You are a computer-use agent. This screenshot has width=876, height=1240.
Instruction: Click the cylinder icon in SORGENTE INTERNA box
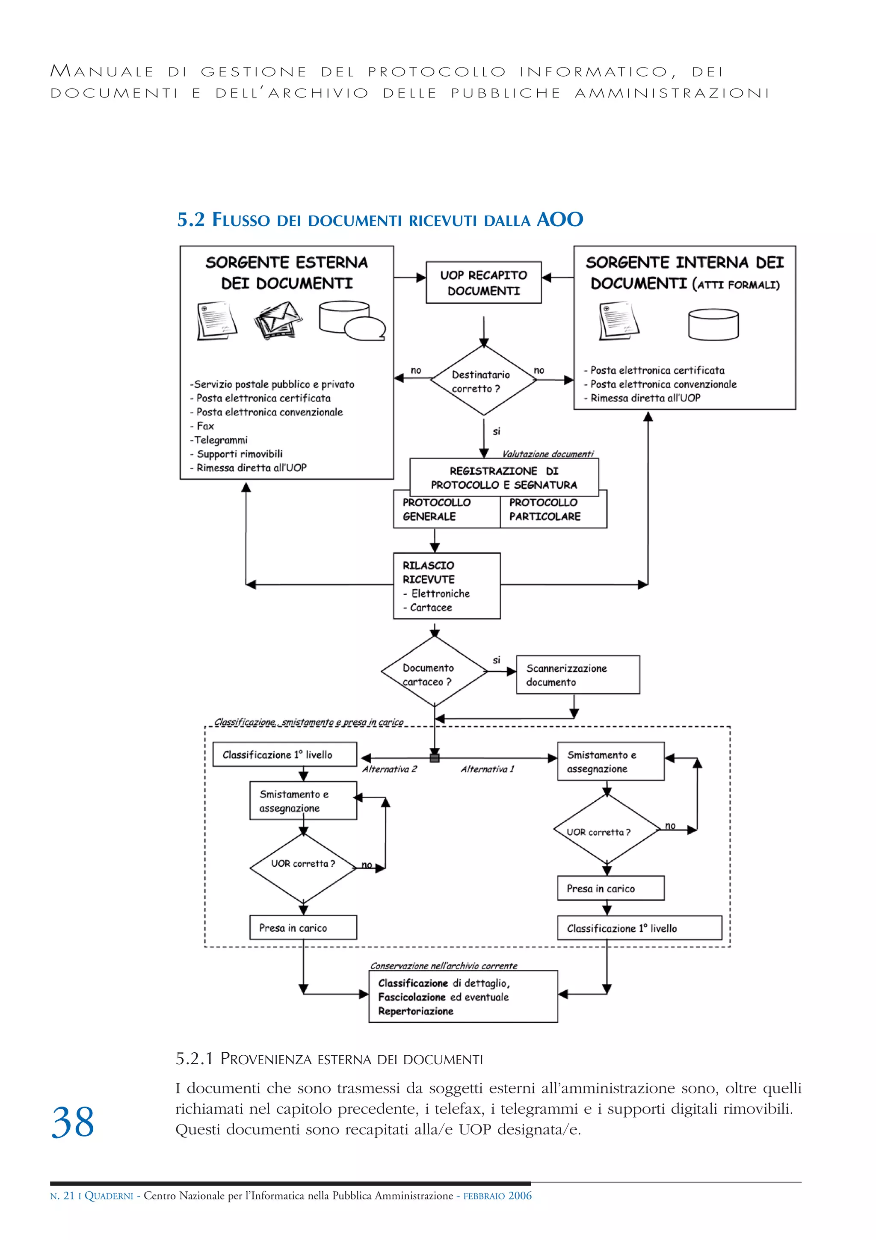pos(713,324)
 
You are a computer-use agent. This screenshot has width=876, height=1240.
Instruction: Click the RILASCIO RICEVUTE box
pos(447,585)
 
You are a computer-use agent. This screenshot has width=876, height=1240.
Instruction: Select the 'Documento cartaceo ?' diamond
pos(434,671)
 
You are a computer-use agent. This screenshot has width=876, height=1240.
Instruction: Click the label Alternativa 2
pos(389,769)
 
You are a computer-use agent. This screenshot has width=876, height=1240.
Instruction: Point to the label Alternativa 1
pos(487,769)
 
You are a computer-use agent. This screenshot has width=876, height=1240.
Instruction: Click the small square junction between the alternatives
pos(434,758)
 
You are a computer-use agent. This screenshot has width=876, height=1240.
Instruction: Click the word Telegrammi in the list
pos(220,440)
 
